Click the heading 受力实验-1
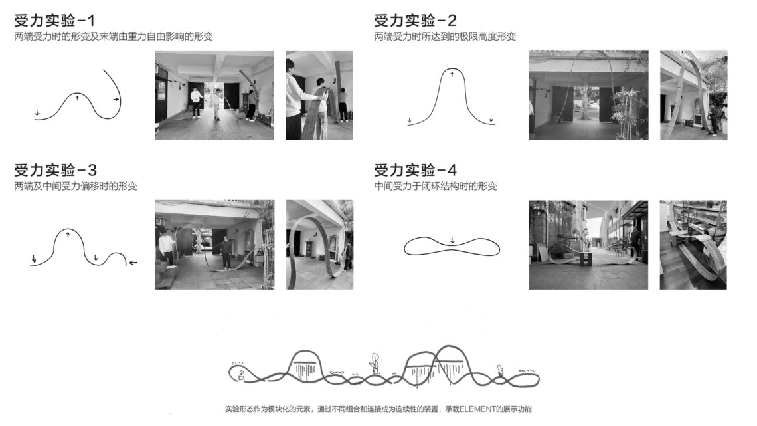point(54,21)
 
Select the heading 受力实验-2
point(415,21)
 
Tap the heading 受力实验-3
point(56,170)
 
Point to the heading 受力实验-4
point(415,170)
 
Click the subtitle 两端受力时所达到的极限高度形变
point(445,37)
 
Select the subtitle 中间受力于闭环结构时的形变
point(436,186)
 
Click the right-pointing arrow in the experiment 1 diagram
point(116,100)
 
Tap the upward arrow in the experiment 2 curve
point(452,74)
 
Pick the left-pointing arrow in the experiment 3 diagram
point(133,263)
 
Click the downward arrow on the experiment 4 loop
point(452,239)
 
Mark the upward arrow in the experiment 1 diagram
point(77,98)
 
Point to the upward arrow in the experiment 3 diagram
point(68,234)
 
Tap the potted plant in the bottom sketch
point(375,364)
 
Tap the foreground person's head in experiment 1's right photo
point(291,67)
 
